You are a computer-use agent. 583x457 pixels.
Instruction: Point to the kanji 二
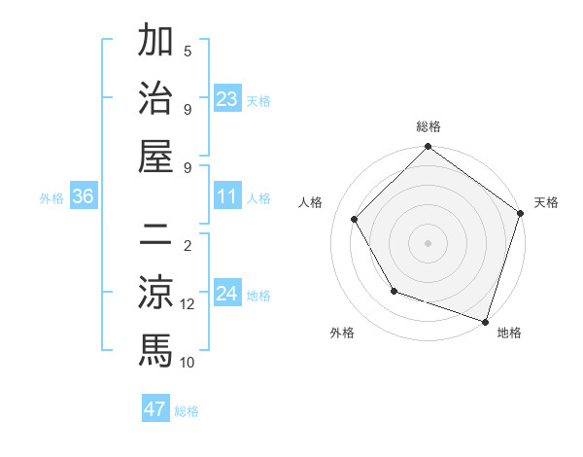[155, 234]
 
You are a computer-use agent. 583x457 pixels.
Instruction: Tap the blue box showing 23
[227, 98]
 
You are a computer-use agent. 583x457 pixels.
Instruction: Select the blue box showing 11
[227, 196]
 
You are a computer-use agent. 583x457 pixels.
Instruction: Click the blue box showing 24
[227, 294]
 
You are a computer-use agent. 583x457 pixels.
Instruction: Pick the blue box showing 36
[84, 196]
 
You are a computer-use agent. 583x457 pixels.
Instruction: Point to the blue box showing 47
[155, 409]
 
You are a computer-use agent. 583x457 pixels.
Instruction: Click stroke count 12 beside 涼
[188, 304]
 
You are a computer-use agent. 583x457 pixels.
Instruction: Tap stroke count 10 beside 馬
[188, 363]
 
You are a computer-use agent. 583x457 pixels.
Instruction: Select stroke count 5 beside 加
[188, 51]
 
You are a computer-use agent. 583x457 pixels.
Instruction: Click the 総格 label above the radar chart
[429, 126]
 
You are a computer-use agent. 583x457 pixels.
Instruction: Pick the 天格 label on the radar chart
[546, 202]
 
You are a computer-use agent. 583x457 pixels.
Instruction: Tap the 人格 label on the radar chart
[311, 202]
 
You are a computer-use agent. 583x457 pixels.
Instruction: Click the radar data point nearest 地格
[485, 321]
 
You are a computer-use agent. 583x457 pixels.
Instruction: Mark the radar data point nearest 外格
[394, 291]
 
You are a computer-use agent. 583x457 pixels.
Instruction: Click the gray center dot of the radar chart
[429, 242]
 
